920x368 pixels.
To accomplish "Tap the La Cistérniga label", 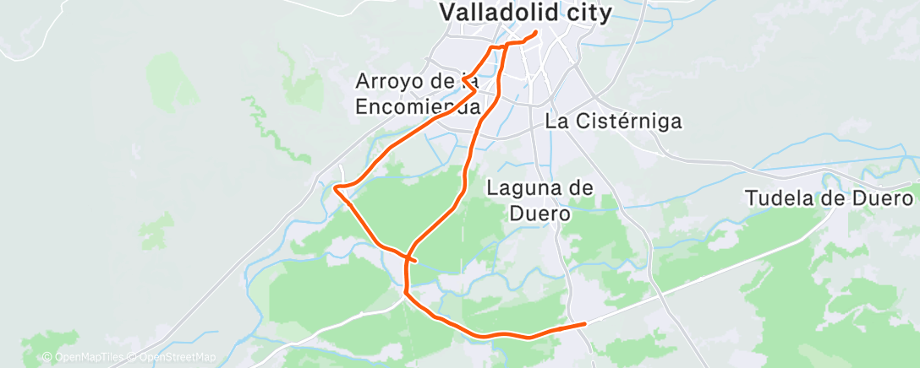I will pyautogui.click(x=613, y=121).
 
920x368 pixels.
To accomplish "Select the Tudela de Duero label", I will pyautogui.click(x=829, y=198).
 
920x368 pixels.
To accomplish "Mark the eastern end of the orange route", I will pyautogui.click(x=584, y=323).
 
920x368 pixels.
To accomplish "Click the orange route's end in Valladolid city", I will pyautogui.click(x=536, y=34).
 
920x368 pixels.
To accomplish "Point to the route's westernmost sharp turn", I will pyautogui.click(x=337, y=187).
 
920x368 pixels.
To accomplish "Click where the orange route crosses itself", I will pyautogui.click(x=408, y=257).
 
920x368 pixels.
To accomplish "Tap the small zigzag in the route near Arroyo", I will pyautogui.click(x=467, y=81).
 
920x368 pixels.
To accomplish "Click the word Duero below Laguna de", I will pyautogui.click(x=538, y=213).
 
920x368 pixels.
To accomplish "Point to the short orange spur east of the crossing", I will pyautogui.click(x=414, y=261).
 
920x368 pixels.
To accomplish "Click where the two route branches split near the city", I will pyautogui.click(x=504, y=46).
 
